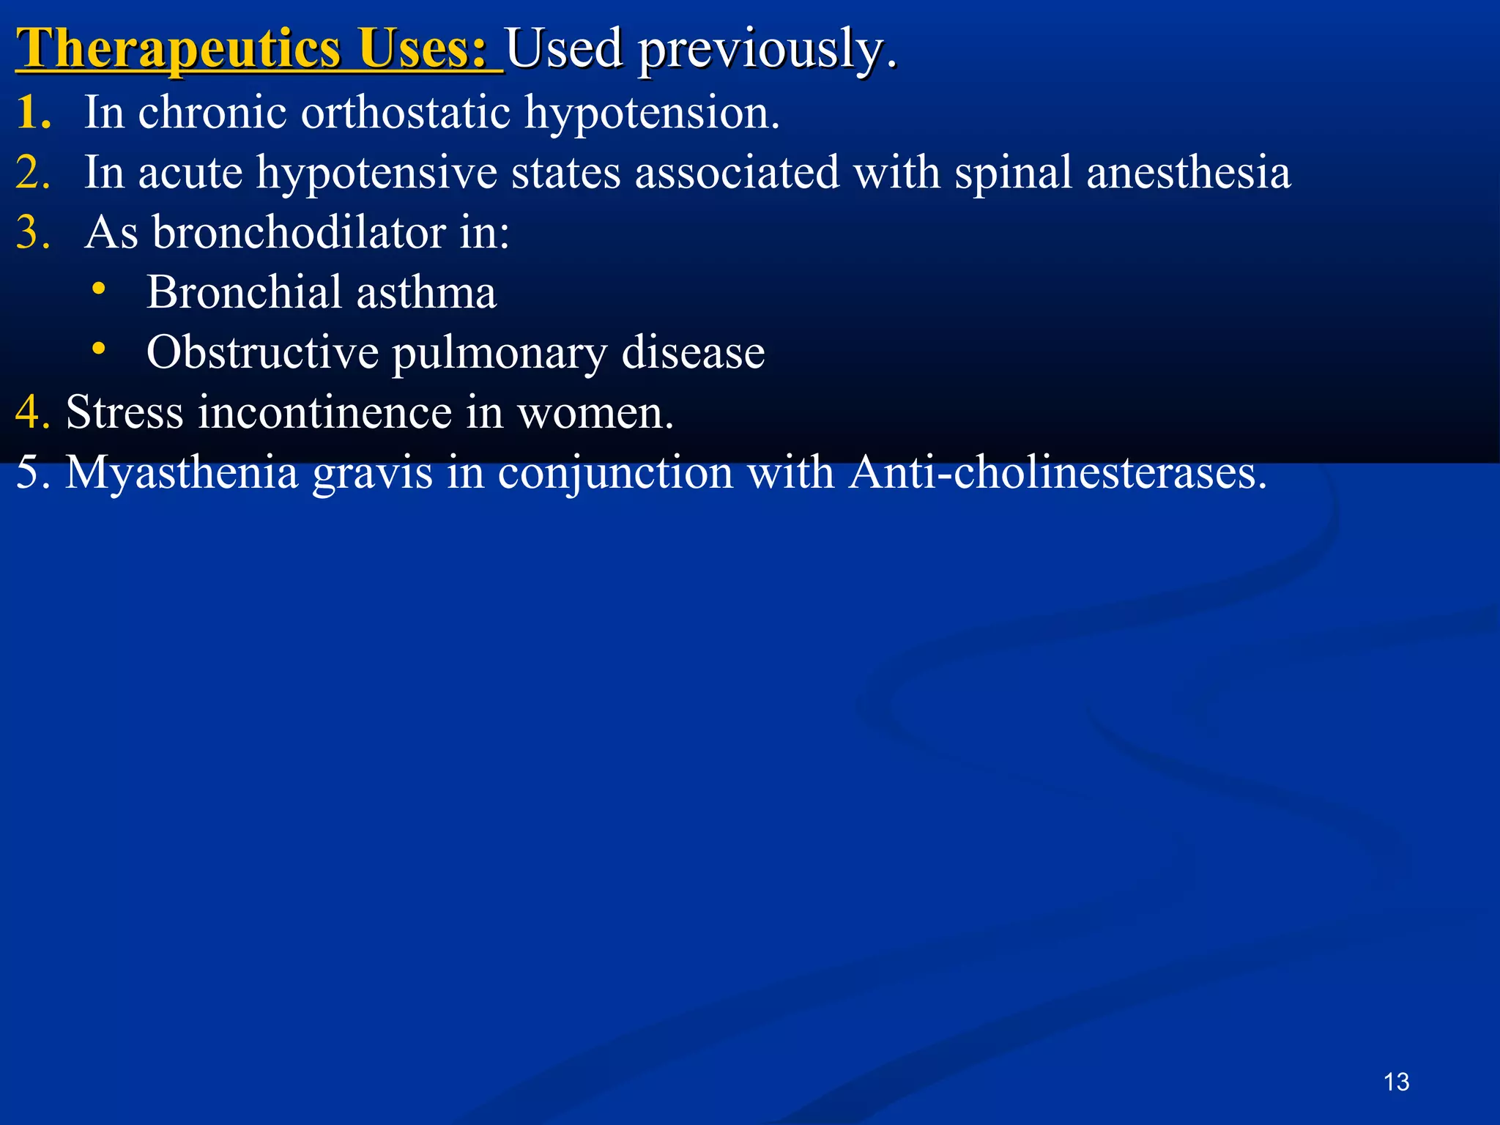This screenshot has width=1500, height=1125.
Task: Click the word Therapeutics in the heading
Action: pos(179,48)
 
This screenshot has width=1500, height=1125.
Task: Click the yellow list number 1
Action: pos(32,113)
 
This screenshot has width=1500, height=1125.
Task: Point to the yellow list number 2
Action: pos(32,173)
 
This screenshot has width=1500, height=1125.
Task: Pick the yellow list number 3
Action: pos(32,233)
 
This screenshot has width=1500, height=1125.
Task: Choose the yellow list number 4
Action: pos(31,412)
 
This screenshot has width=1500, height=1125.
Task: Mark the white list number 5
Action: pos(31,472)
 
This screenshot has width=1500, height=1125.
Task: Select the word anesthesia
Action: pos(1188,173)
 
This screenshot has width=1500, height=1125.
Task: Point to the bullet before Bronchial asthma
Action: pos(99,289)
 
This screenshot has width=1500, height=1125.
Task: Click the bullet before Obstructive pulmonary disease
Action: pos(99,349)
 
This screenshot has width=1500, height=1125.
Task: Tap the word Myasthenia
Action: pos(182,473)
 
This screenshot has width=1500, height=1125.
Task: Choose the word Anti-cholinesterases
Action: pos(1058,472)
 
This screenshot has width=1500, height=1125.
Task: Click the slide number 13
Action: pos(1396,1082)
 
